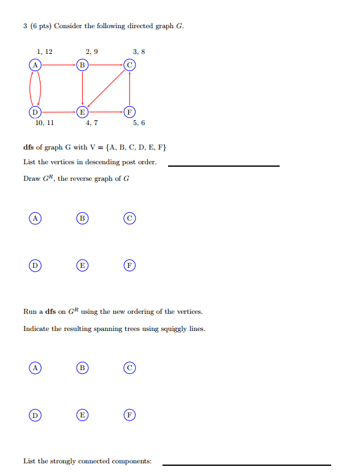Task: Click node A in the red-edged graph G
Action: point(35,64)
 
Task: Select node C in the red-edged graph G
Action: point(129,64)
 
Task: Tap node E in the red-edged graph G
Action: point(82,112)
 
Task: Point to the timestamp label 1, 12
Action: point(44,51)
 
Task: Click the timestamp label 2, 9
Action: point(91,51)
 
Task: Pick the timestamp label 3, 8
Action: point(139,51)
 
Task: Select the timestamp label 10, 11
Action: point(44,123)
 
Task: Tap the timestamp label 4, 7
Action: point(91,123)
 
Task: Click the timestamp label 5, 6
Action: point(139,123)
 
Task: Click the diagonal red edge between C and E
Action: point(105,88)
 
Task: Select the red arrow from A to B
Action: point(58,64)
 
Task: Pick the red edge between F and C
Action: point(129,88)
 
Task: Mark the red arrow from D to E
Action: point(58,112)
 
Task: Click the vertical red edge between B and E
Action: point(82,88)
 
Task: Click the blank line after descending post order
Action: point(223,165)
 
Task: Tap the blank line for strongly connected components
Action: point(246,464)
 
